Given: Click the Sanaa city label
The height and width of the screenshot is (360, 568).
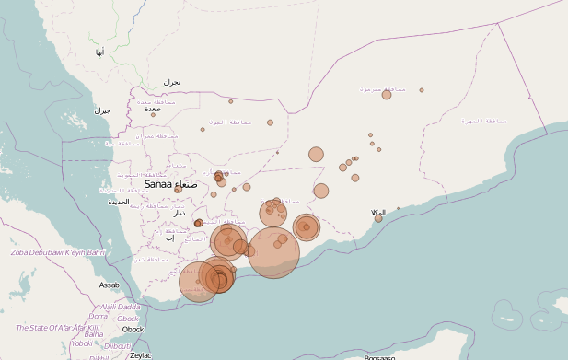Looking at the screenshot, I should [158, 184].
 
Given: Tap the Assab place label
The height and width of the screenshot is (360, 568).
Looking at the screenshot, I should [110, 285].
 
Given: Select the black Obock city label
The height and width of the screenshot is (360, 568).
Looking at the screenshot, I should [133, 329].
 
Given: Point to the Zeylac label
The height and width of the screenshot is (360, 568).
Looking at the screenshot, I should [141, 354].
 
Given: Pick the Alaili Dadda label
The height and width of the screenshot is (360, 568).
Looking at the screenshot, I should [120, 307].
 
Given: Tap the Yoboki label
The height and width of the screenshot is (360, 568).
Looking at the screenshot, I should [82, 343].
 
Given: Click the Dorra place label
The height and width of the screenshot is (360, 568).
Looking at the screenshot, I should [98, 316].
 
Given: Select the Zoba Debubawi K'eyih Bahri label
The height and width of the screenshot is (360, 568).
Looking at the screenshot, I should [57, 252].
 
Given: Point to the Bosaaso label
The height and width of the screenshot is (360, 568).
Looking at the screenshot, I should [379, 357].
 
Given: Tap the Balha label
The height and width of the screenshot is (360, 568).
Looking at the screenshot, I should [106, 334].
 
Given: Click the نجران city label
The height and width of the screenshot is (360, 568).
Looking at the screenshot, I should [172, 83].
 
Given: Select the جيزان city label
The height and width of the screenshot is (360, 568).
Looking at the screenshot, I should [102, 110].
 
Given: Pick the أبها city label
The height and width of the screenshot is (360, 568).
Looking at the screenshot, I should [99, 52].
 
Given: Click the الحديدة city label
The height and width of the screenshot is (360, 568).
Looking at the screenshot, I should [119, 202].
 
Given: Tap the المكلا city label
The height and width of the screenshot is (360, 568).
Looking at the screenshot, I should [377, 212].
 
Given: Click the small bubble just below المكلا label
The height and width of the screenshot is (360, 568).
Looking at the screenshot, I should [378, 219].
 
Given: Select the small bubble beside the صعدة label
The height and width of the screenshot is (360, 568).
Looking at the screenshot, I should [154, 115].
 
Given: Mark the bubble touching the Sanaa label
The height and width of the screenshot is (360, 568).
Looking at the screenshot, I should [178, 190].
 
